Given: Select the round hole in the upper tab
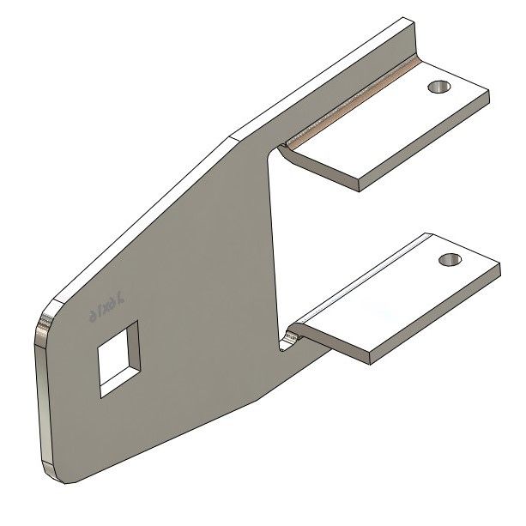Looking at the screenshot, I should (438, 87).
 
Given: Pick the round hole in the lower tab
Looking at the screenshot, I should (448, 259).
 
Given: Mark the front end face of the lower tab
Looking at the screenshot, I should (433, 317).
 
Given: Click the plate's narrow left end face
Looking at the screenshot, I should (39, 395).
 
